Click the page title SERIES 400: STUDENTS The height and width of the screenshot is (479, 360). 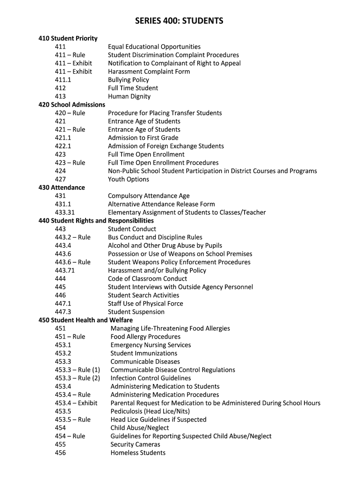coord(180,21)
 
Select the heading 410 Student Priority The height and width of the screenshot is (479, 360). coord(68,38)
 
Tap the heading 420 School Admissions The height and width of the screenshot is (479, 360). coord(72,105)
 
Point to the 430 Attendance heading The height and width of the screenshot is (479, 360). coord(62,188)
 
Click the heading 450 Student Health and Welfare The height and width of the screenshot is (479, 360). coord(86,320)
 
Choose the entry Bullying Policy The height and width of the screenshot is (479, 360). coord(129,80)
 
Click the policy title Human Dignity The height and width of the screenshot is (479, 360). coord(130,96)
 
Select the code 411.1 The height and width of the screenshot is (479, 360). coord(63,80)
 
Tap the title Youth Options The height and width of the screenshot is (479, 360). coord(129,179)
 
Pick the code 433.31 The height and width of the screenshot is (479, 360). coord(65,212)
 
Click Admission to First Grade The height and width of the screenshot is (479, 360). coord(143,138)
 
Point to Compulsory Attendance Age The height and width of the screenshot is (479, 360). coord(149,196)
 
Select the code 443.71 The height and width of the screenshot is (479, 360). coord(65,270)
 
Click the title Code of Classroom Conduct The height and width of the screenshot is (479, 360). coord(147,279)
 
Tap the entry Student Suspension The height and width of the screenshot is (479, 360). coord(136,312)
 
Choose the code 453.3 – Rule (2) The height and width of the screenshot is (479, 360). coord(78,378)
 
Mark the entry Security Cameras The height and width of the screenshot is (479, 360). coord(136,444)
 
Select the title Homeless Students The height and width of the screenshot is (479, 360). coord(138,453)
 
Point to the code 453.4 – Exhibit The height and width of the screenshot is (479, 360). coord(76,403)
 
